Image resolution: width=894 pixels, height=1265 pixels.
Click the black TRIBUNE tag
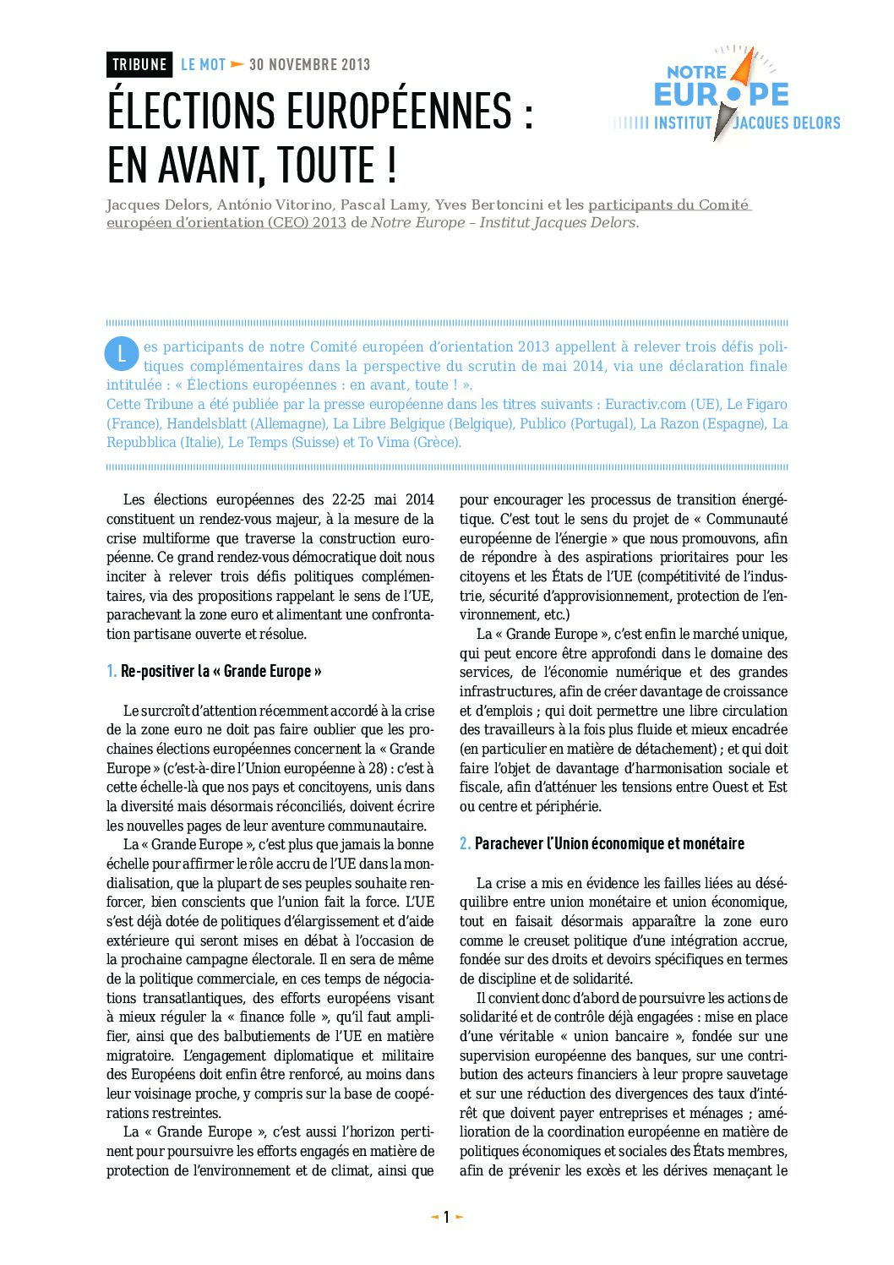(139, 64)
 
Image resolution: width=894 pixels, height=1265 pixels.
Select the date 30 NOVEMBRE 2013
(309, 64)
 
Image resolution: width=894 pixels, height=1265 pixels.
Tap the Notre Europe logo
(724, 95)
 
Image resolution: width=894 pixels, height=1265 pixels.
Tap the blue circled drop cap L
(122, 353)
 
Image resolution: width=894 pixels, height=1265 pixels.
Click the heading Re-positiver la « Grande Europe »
(221, 671)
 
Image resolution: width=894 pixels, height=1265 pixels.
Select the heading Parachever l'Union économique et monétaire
(609, 843)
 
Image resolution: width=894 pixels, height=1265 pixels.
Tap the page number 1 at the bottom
(447, 1217)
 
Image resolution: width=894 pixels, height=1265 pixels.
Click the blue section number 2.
(465, 843)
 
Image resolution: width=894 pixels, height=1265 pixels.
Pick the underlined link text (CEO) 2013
(307, 222)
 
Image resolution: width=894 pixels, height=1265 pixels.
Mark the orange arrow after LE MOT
(237, 64)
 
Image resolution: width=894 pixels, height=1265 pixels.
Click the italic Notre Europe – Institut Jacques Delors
(504, 222)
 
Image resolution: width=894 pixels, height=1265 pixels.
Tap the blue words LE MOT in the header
(203, 64)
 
